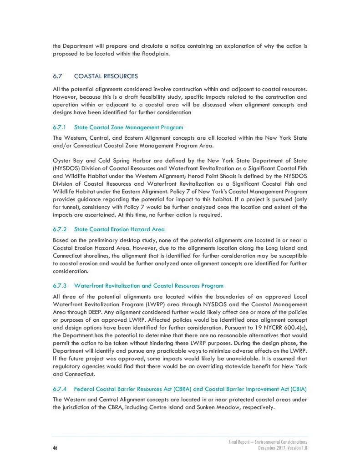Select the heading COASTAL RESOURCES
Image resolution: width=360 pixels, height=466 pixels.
click(x=106, y=75)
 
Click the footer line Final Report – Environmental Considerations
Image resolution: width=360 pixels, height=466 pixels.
click(x=268, y=442)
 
